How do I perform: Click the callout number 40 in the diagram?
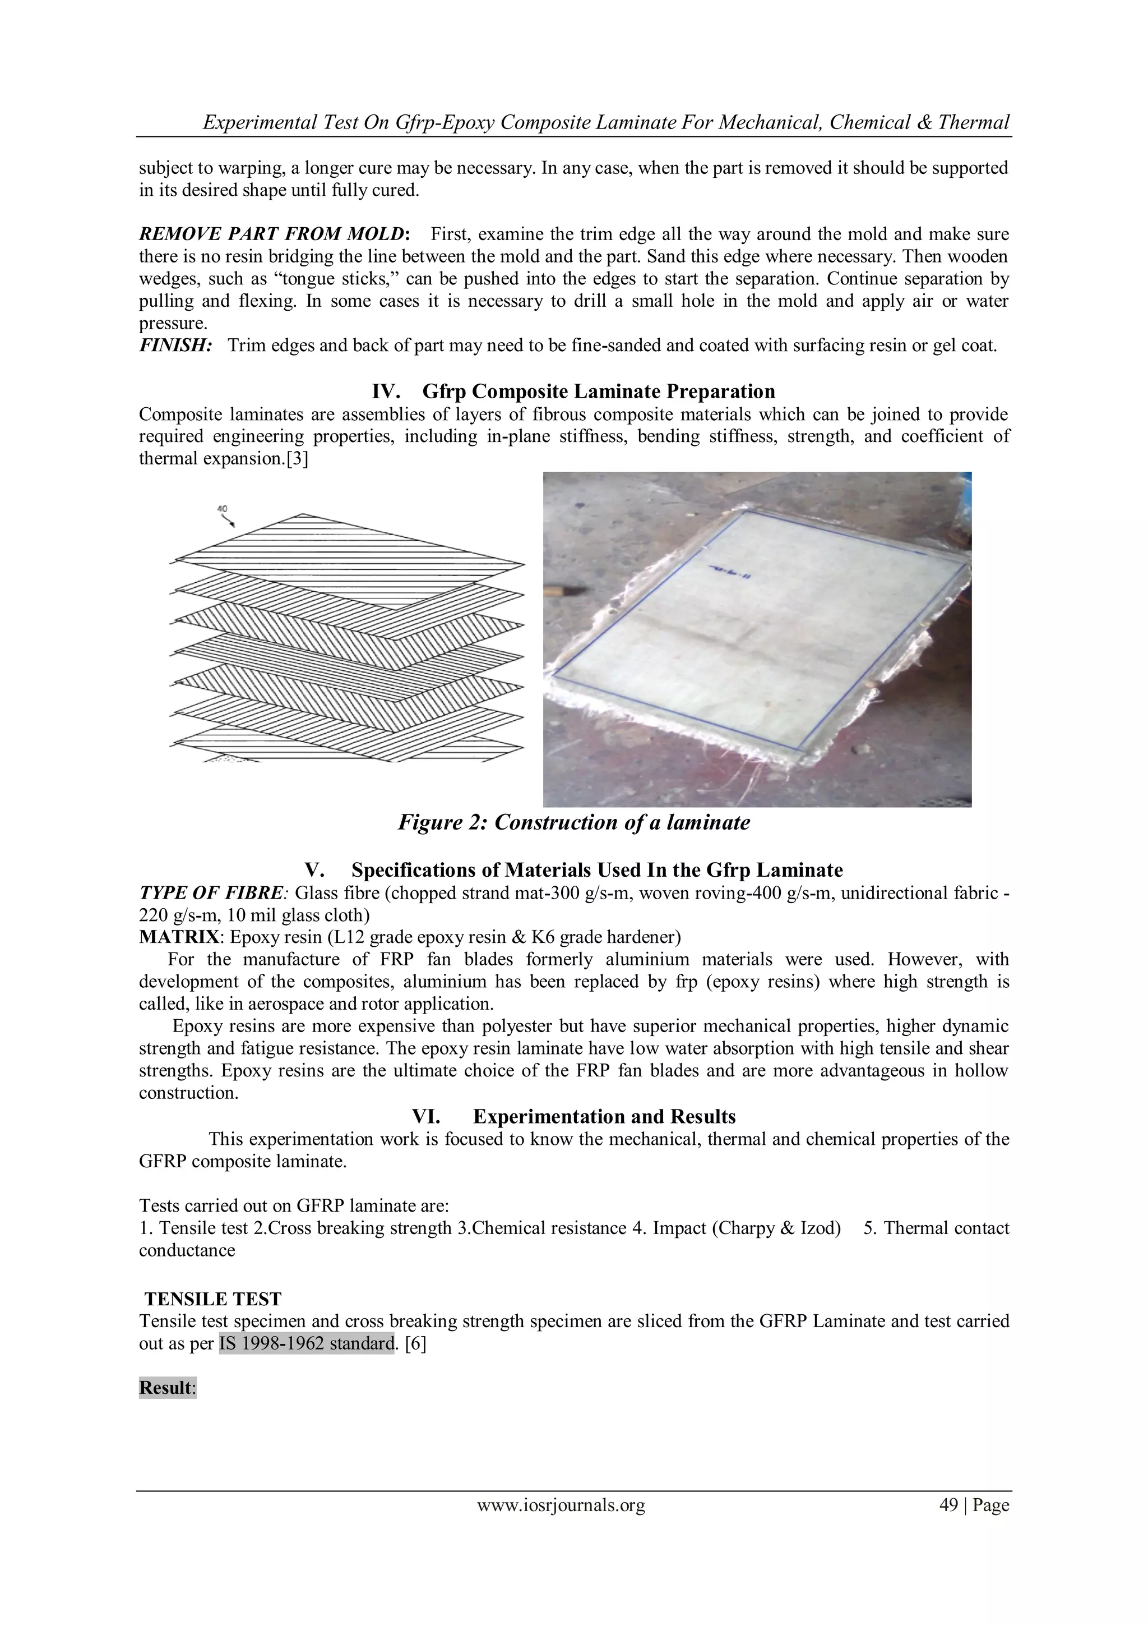(x=222, y=509)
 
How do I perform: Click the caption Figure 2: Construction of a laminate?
(x=573, y=822)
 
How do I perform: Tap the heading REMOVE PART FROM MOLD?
(x=272, y=234)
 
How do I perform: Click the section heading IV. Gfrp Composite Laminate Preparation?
(x=573, y=392)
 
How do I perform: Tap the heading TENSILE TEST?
(x=213, y=1299)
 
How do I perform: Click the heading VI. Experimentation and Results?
(x=573, y=1117)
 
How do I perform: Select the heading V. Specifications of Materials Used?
(x=573, y=870)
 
